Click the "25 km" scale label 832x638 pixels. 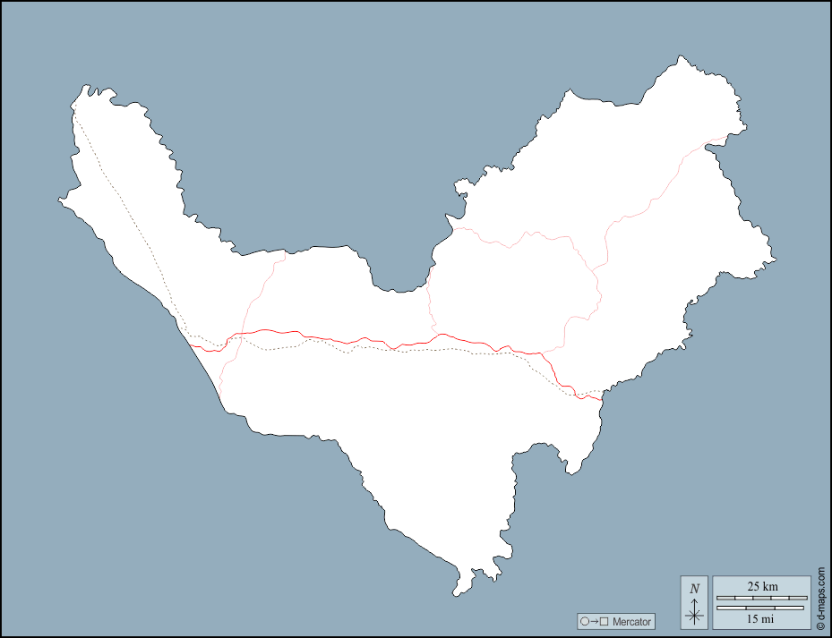click(x=762, y=586)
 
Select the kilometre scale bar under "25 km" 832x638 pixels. click(x=762, y=597)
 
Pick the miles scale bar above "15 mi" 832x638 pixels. click(x=762, y=608)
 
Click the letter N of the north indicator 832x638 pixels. click(x=694, y=589)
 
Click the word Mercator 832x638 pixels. click(x=632, y=621)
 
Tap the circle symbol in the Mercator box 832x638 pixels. click(x=585, y=621)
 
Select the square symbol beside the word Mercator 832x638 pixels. click(x=605, y=621)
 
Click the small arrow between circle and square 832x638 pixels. click(x=595, y=621)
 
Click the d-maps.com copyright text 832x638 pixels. click(x=820, y=591)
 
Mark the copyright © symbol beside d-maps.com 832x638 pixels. click(x=820, y=624)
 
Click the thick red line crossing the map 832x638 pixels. click(x=358, y=340)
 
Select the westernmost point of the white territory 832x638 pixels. click(x=60, y=200)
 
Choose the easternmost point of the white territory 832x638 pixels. click(x=775, y=260)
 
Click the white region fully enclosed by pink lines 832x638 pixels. click(x=510, y=286)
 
